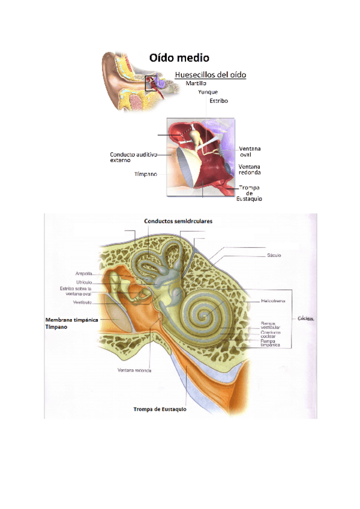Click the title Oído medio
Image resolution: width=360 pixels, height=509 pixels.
pos(179,58)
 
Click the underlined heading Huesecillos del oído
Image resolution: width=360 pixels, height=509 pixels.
pos(210,75)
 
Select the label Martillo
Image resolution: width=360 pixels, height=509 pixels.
pos(196,83)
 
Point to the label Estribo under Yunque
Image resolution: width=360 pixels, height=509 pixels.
pos(218,101)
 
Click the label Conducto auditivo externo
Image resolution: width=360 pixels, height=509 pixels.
pos(133,157)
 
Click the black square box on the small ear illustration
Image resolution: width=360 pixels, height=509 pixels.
pos(152,83)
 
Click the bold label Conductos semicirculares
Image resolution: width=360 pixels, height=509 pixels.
pos(178,221)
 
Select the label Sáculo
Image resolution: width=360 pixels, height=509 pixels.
pos(275,255)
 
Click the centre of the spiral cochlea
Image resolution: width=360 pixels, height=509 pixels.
pos(207,313)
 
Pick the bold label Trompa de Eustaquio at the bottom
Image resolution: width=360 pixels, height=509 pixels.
pos(160,409)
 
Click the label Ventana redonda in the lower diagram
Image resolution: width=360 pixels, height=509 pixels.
pos(134,370)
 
